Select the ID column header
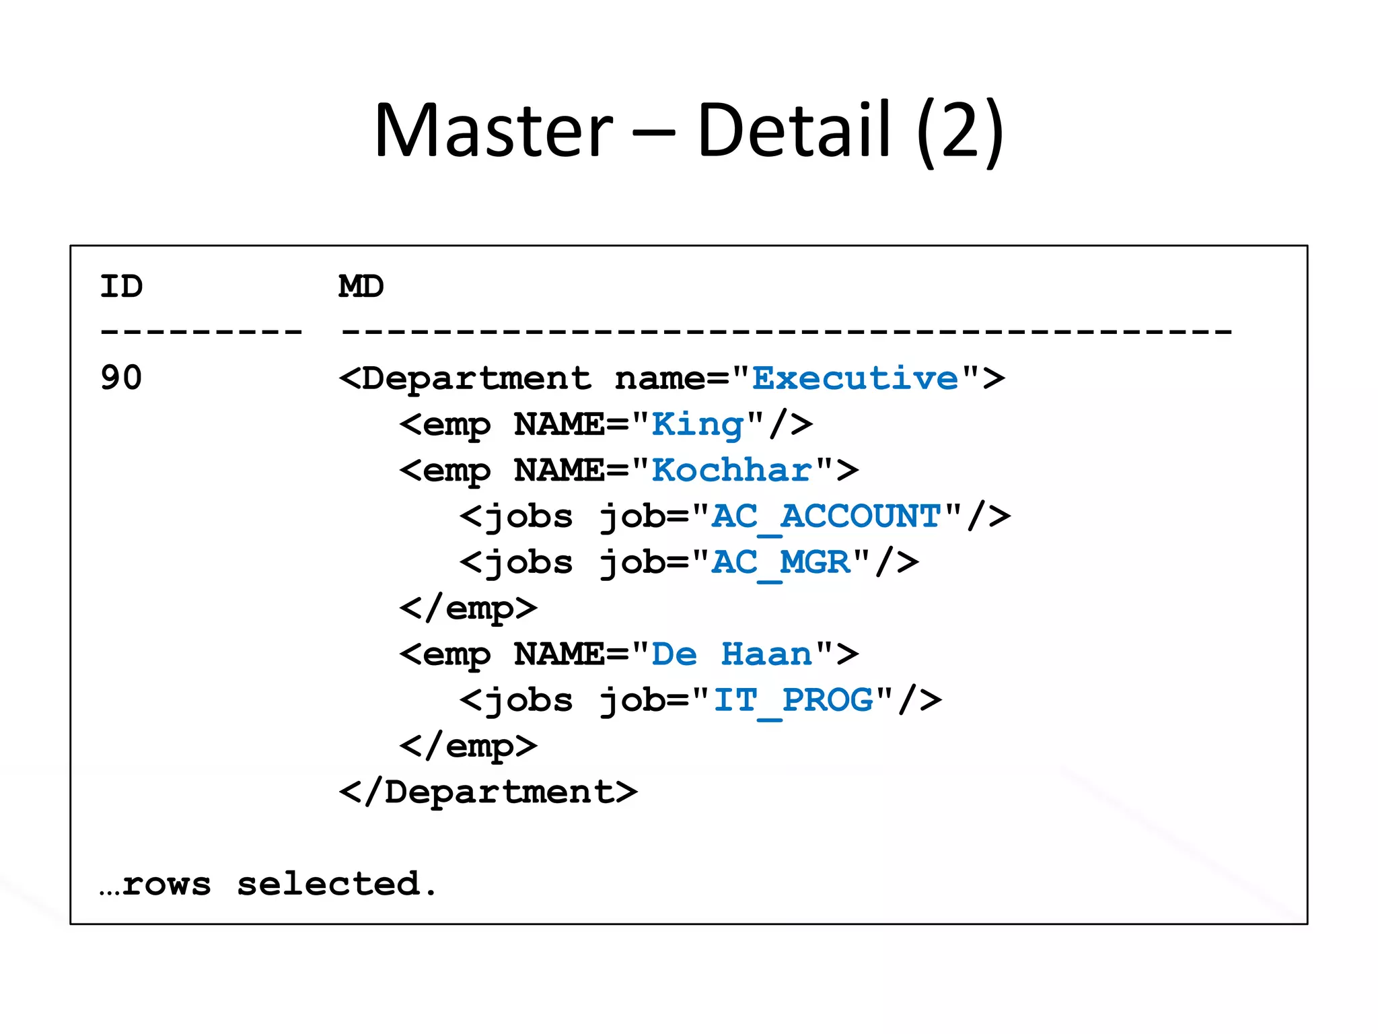122,287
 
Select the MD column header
361,287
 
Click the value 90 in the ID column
122,378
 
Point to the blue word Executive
855,378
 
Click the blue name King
698,425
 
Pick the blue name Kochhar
732,470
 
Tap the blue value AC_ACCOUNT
826,517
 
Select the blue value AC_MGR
781,563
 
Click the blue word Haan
766,654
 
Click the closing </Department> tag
488,792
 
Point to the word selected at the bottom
328,884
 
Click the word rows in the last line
167,884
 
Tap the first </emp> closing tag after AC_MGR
468,609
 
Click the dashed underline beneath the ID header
201,331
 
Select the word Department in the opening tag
476,378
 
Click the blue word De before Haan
674,654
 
